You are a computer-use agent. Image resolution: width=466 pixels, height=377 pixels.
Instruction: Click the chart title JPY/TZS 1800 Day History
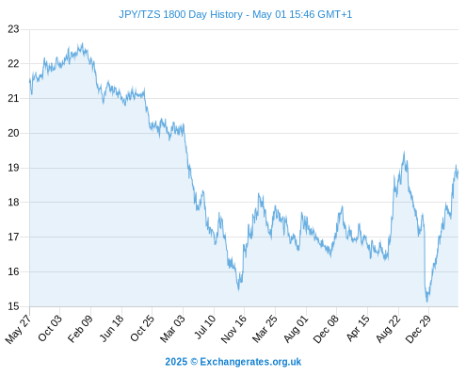point(181,14)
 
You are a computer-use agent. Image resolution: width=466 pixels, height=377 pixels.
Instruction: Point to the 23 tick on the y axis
point(13,29)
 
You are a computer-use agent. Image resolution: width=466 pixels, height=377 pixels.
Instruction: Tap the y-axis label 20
point(13,133)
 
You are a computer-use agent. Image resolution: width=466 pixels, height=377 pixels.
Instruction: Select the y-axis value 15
point(13,306)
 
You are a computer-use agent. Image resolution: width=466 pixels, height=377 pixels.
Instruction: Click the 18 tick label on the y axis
point(13,203)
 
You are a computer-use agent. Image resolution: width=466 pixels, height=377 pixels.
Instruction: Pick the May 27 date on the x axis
point(19,329)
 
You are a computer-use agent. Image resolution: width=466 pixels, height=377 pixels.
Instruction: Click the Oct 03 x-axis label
point(50,328)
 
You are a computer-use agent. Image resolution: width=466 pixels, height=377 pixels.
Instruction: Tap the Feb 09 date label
point(81,328)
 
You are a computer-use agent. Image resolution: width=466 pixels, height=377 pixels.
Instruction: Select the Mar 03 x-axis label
point(172,329)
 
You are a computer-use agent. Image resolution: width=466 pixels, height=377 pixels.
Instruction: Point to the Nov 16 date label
point(233,329)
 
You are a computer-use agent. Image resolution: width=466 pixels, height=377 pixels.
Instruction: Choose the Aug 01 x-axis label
point(297,329)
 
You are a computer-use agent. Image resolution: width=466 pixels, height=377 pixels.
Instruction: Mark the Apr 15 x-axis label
point(358,329)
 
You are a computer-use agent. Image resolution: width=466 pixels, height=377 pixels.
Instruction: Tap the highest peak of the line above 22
point(82,43)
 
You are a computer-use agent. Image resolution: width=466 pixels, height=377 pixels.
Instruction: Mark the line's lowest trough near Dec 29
point(427,302)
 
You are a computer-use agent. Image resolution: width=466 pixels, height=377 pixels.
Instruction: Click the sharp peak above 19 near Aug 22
point(404,152)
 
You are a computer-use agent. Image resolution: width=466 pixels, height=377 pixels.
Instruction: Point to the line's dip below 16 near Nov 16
point(239,289)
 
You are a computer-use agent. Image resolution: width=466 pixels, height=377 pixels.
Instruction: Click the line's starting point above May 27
point(30,80)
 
